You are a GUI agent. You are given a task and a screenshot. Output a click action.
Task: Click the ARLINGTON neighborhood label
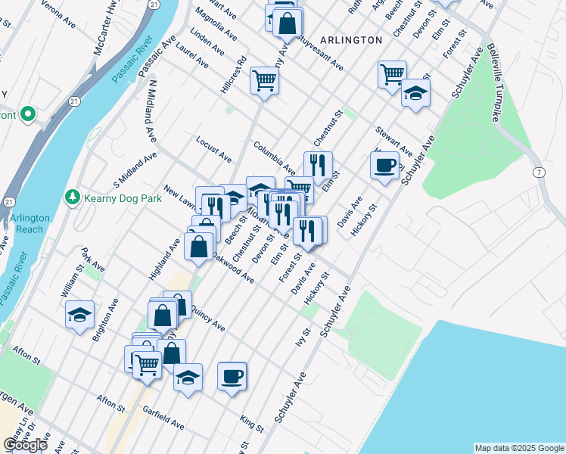350,39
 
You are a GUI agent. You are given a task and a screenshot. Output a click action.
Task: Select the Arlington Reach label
30,223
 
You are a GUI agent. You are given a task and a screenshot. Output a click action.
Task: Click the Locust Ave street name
213,149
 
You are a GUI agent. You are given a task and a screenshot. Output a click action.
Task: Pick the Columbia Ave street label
275,157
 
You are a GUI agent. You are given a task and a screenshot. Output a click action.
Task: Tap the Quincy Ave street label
207,318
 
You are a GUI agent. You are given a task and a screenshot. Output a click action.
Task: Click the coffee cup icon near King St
232,375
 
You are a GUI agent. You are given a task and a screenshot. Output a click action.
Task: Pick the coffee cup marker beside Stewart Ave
384,164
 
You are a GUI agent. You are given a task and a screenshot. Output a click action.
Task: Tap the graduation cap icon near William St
79,316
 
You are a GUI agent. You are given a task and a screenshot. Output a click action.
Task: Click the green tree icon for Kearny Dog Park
73,197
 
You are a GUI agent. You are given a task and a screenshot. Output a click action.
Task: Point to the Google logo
25,445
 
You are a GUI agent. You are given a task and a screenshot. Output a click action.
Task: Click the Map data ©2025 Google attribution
518,448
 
